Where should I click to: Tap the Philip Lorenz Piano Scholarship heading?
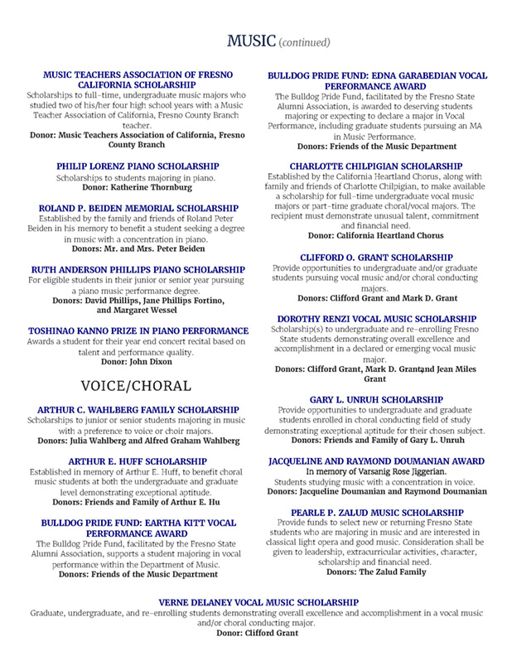(137, 166)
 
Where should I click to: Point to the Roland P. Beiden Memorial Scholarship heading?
(137, 208)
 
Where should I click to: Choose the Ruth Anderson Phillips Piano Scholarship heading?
(137, 270)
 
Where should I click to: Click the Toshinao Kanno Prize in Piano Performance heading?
(137, 330)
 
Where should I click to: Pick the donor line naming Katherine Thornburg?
(137, 188)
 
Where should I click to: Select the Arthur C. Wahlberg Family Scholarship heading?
(137, 409)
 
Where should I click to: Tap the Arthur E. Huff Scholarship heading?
(137, 460)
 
